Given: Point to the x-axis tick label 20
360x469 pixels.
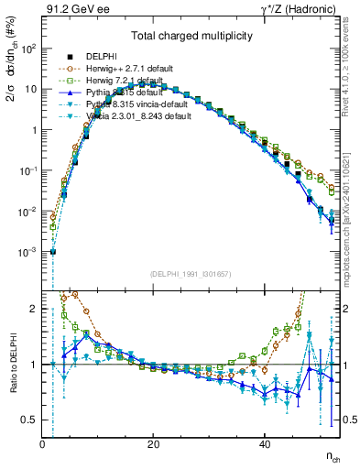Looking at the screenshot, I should click(153, 444).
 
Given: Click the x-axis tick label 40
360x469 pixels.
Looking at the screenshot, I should click(264, 444).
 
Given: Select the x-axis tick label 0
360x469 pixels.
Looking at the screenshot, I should click(42, 444).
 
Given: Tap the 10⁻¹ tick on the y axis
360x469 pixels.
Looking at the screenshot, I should click(29, 170).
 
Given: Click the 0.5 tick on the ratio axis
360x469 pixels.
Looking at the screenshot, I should click(28, 420).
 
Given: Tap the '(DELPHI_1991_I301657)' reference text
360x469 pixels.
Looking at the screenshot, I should click(191, 274).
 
